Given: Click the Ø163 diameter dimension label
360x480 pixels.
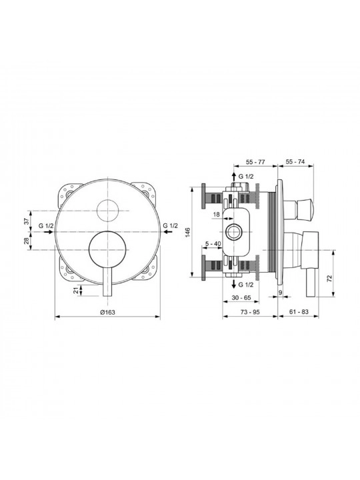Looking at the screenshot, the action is coord(107,312).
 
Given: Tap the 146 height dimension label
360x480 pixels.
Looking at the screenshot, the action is coord(188,233).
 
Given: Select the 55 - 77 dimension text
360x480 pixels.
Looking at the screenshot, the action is coord(255,162).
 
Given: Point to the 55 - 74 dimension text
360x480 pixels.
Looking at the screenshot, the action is coord(295,162).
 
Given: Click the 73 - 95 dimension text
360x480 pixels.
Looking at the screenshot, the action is coord(250,311).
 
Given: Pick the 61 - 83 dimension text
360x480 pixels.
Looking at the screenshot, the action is coord(299,311).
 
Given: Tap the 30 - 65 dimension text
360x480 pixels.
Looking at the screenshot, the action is coord(241,298).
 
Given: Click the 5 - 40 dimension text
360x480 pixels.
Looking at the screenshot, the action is coord(213,244).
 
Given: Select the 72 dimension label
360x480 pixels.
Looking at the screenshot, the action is coord(329,278).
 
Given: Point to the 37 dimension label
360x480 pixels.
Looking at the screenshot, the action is coord(27,221).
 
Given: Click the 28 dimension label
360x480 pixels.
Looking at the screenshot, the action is coord(27,241).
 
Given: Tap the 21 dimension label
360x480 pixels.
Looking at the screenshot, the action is coord(75,291).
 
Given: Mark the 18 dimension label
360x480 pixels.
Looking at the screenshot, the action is coord(217,215).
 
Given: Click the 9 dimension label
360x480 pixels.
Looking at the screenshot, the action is coord(280,293).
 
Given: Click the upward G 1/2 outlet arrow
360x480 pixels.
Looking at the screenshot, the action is coord(233,177).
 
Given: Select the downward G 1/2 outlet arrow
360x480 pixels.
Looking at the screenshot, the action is coord(233,284).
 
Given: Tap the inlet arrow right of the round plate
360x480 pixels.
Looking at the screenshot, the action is coord(168,232).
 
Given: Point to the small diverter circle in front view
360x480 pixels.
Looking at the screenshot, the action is coord(107,211).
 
